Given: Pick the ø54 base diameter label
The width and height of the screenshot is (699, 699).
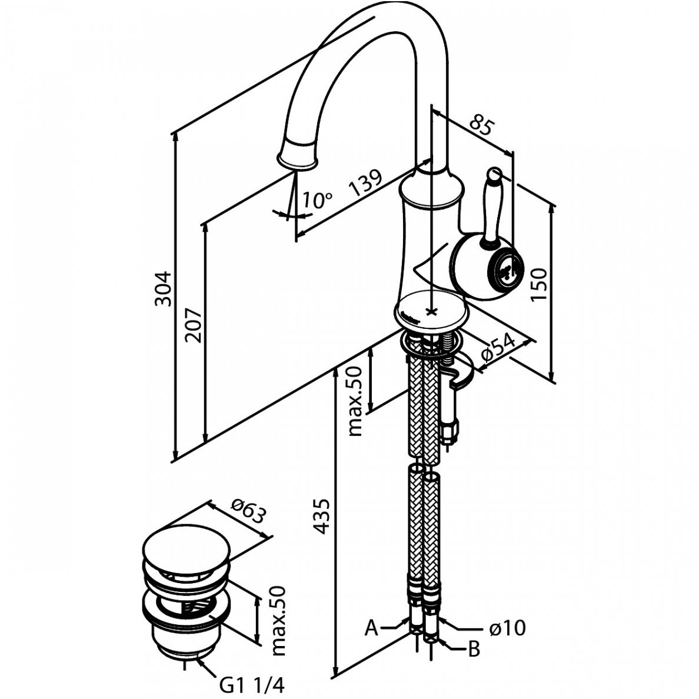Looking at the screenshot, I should click(x=497, y=351).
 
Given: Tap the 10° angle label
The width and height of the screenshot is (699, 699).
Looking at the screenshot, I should click(x=316, y=201).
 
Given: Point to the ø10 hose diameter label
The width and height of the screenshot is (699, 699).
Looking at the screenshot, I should click(x=507, y=628).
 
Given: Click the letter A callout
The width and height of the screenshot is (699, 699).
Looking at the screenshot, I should click(x=371, y=628).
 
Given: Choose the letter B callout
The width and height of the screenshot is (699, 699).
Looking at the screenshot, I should click(x=474, y=650).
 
